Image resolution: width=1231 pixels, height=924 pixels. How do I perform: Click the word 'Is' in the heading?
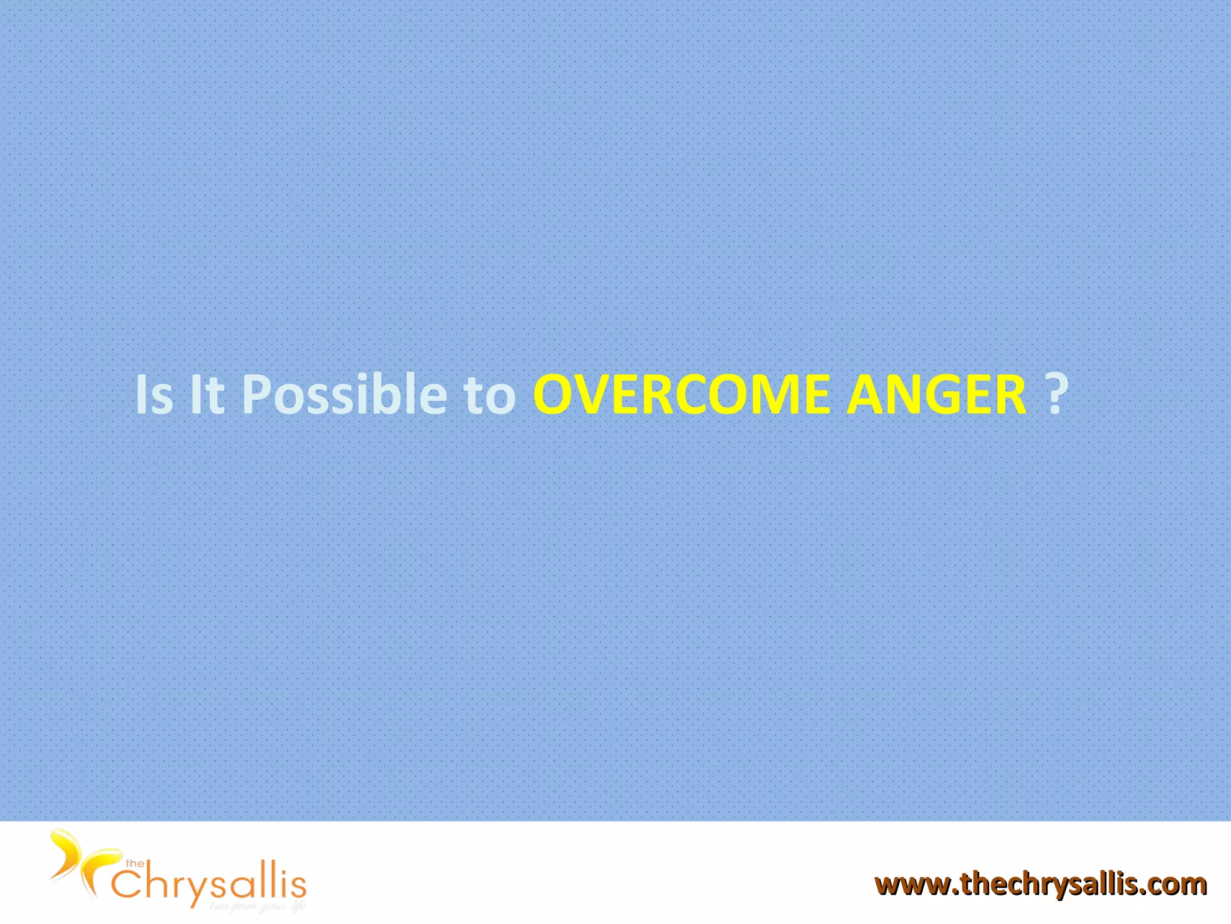tap(154, 395)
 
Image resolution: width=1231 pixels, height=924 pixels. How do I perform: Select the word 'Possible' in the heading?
tap(344, 395)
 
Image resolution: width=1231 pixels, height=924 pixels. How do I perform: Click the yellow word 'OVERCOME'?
tap(682, 395)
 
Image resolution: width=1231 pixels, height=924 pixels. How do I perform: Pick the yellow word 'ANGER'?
tap(936, 395)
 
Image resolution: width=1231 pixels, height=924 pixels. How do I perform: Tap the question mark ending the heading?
tap(1057, 393)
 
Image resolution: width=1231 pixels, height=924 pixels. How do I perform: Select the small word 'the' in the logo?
tap(134, 864)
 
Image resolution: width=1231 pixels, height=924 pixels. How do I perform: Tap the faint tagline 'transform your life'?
tap(257, 907)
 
